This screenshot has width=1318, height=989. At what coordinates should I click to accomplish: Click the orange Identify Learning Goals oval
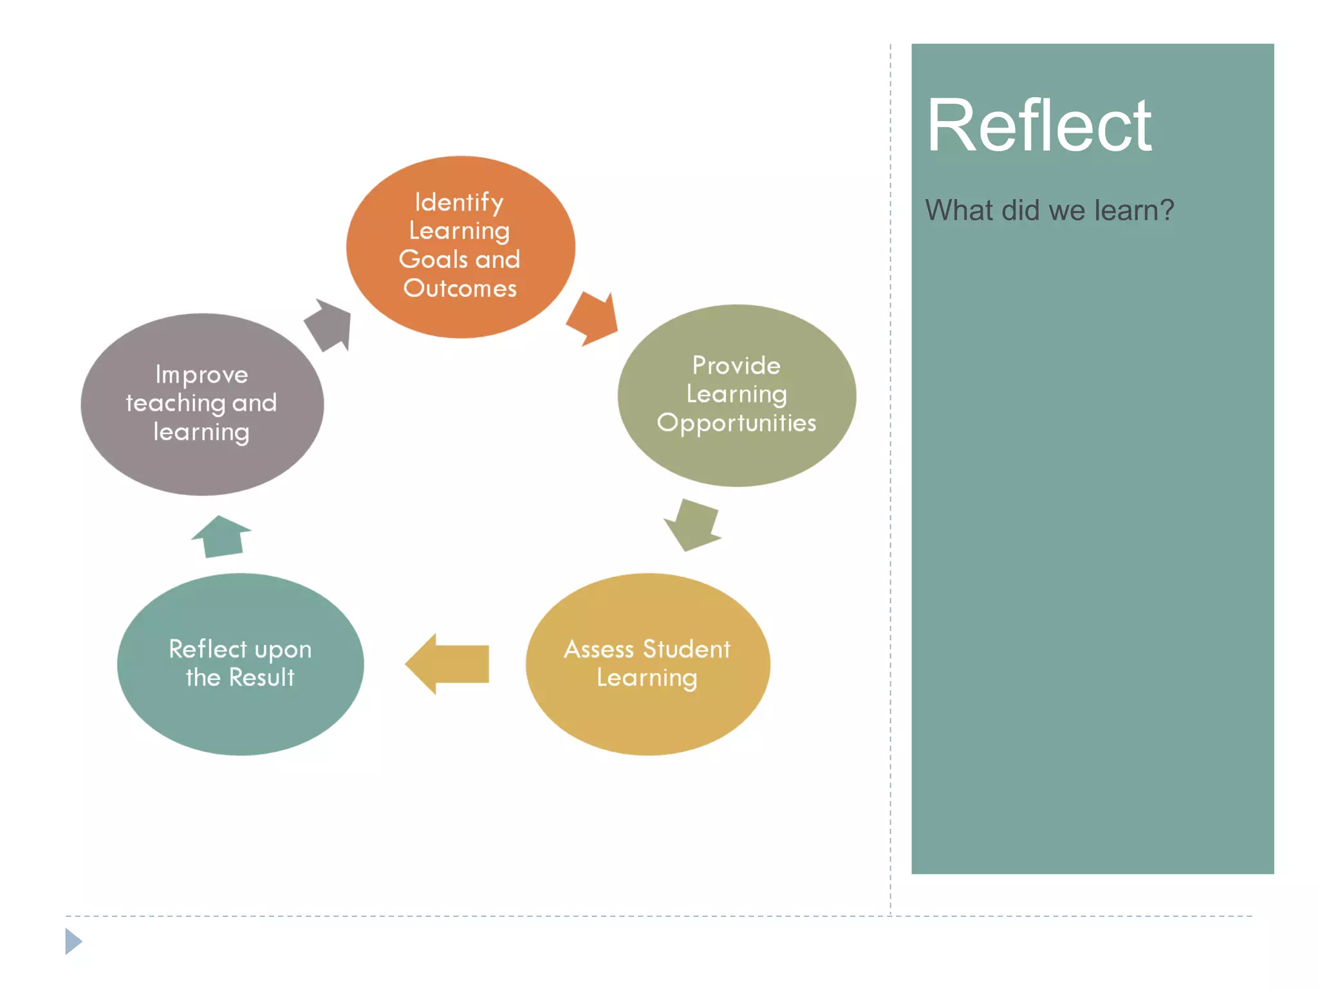click(460, 247)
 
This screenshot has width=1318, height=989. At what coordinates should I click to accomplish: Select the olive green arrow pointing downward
click(692, 523)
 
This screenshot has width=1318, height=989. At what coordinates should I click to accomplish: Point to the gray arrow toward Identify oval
click(330, 324)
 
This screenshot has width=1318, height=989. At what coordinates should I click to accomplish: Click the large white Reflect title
click(1038, 126)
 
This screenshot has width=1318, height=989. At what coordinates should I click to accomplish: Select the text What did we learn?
click(1049, 210)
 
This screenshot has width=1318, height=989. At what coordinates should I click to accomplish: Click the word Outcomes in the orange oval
click(459, 288)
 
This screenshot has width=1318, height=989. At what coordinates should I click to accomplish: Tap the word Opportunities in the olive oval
click(736, 424)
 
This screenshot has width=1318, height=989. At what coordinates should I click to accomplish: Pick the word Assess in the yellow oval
click(599, 649)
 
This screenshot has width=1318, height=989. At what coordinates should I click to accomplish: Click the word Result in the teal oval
click(262, 677)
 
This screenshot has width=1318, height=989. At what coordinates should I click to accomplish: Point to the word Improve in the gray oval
click(201, 375)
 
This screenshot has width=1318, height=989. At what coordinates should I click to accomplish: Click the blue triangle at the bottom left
click(73, 941)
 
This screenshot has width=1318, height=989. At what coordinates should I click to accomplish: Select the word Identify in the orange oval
click(458, 202)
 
